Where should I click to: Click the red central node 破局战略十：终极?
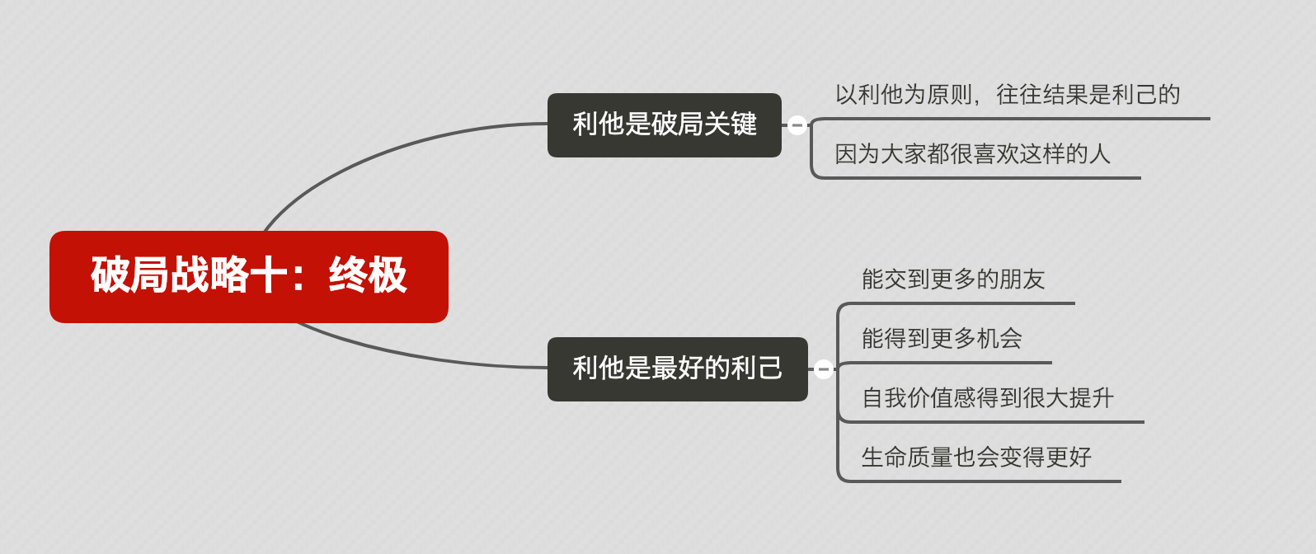click(x=248, y=276)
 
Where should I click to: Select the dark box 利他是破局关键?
click(x=664, y=124)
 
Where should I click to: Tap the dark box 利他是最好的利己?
click(x=677, y=369)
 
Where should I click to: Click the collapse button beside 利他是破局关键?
click(x=797, y=125)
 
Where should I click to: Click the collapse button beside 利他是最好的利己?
click(x=823, y=369)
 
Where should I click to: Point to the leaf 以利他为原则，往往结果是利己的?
click(x=1007, y=95)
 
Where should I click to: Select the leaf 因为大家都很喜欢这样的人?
click(x=972, y=154)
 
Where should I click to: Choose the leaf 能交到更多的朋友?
click(x=953, y=279)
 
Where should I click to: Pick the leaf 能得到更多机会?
click(x=942, y=339)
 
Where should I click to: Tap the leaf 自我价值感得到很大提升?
click(x=987, y=398)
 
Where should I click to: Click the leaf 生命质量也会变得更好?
click(x=976, y=458)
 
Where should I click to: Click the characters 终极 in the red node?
click(x=368, y=275)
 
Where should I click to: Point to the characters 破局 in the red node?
click(x=130, y=275)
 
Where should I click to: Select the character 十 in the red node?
click(x=269, y=275)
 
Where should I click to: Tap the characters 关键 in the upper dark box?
click(x=731, y=124)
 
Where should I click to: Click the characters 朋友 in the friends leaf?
click(x=1022, y=279)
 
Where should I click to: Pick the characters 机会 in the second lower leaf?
click(x=999, y=339)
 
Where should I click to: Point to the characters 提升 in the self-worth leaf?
click(x=1091, y=398)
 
